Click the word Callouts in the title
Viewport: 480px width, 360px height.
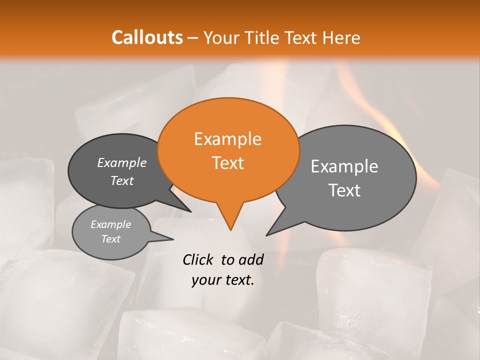pos(147,37)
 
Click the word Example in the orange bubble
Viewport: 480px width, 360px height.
pos(227,139)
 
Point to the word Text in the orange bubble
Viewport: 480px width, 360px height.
pos(227,163)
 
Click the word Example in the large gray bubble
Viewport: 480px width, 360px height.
pos(344,166)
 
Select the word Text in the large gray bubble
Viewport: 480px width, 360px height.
pos(344,190)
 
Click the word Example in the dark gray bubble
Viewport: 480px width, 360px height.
pos(121,163)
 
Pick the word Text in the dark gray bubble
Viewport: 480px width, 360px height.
pos(121,181)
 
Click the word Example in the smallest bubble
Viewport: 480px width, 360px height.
pos(110,224)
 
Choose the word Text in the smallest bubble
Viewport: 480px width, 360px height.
pos(110,239)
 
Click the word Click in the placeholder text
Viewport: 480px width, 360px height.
pos(199,259)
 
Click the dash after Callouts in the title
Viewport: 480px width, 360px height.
pos(193,37)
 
